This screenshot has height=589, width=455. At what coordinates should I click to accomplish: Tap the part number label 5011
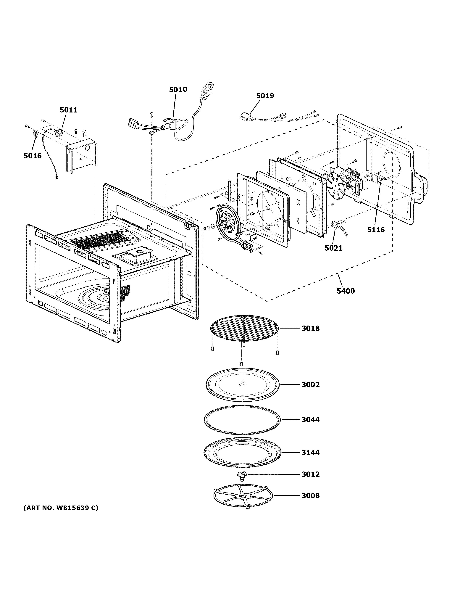coord(68,110)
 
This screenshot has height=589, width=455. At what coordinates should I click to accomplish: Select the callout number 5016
coord(33,156)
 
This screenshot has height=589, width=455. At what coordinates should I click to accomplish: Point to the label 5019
coord(265,96)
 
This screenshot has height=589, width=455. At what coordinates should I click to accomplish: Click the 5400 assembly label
coord(346,291)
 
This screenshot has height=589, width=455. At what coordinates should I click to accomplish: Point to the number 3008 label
coord(310,496)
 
